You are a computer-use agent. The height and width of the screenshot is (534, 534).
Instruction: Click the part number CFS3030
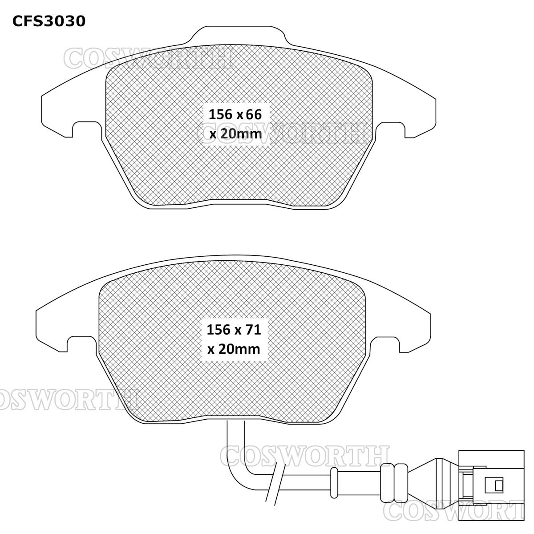tap(49, 21)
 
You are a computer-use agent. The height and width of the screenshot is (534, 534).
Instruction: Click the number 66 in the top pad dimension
tap(253, 114)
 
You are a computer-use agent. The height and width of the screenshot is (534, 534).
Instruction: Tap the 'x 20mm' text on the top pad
tap(235, 133)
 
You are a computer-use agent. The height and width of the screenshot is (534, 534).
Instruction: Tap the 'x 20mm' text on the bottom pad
tap(234, 349)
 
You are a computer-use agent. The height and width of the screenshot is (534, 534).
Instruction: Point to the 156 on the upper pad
tap(221, 114)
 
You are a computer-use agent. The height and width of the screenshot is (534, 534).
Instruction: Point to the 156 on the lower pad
tap(218, 330)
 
